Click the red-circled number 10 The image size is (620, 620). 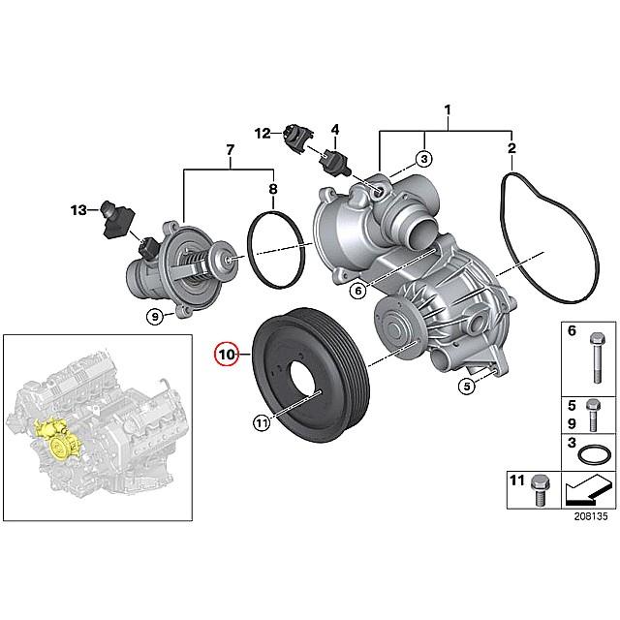[226, 355]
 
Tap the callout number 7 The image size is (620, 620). [230, 150]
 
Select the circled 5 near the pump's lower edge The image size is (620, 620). [466, 387]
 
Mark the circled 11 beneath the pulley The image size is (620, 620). [262, 421]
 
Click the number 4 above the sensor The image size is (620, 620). [335, 128]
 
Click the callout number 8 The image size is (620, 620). [273, 189]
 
